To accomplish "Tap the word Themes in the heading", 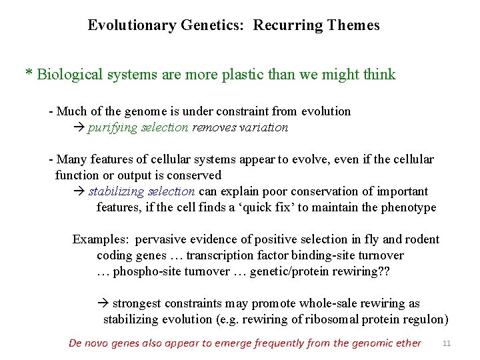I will coord(356,26).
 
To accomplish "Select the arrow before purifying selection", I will coord(78,127).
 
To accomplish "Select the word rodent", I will coord(421,239).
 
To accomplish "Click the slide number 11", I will coord(447,343).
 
